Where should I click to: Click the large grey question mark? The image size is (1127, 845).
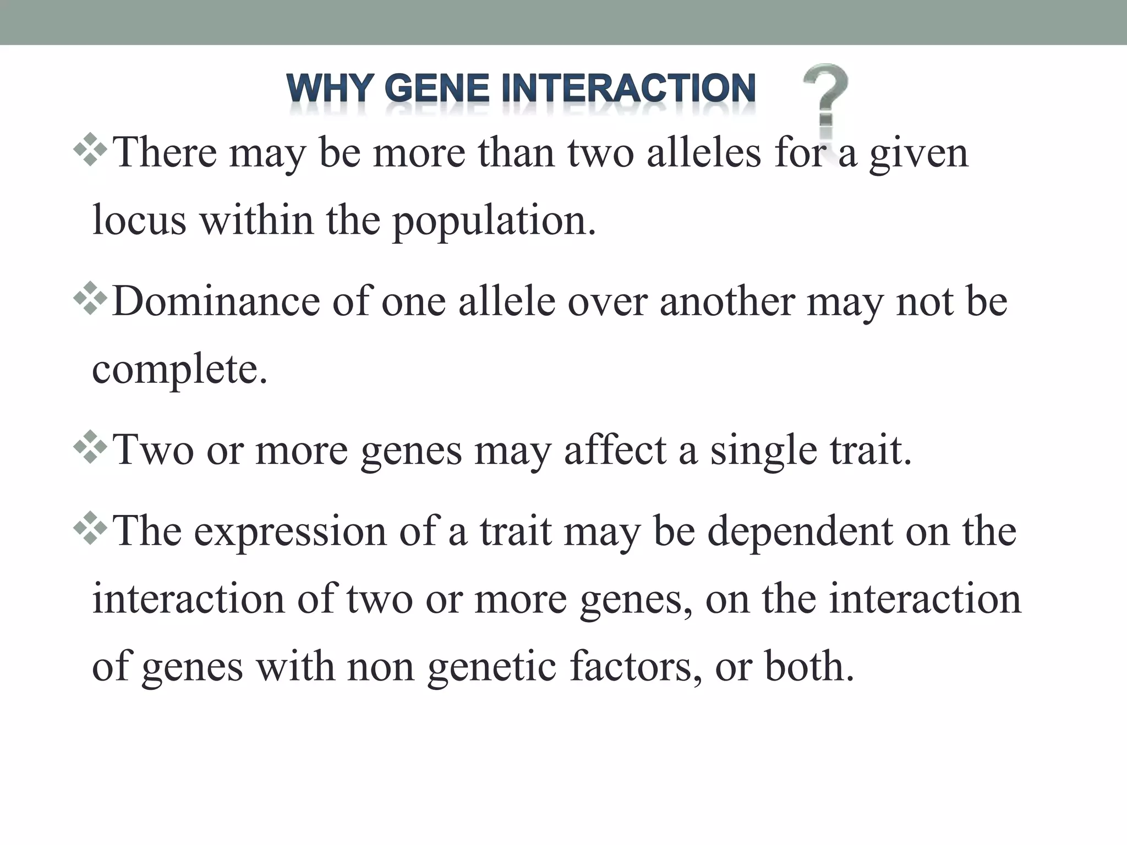tap(824, 99)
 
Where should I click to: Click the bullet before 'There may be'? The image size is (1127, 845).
tap(90, 149)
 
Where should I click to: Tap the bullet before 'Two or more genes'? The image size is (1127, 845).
tap(90, 446)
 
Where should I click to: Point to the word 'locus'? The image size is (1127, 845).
tap(139, 220)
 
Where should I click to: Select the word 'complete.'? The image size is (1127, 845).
tap(179, 370)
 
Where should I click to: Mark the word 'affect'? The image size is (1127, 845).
tap(615, 449)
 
